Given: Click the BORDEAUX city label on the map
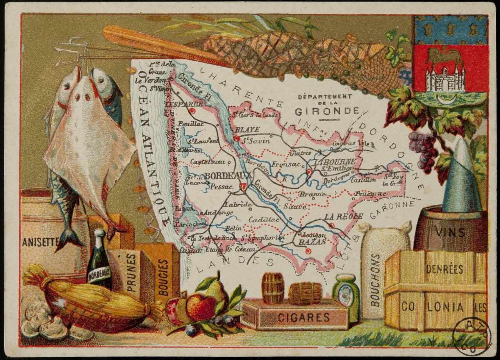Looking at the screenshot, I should (x=223, y=176).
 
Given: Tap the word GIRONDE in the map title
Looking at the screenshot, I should (x=327, y=111).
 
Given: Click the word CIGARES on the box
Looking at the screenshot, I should (x=304, y=317).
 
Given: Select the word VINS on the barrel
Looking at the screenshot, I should (x=451, y=233).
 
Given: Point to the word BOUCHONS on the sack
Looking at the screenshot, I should (x=375, y=279).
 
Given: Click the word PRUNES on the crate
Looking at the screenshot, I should (x=131, y=272).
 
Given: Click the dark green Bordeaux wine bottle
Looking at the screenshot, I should (x=99, y=261).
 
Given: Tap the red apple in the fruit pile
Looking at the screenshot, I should (x=201, y=306).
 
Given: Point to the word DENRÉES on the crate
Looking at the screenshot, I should (x=445, y=269).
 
